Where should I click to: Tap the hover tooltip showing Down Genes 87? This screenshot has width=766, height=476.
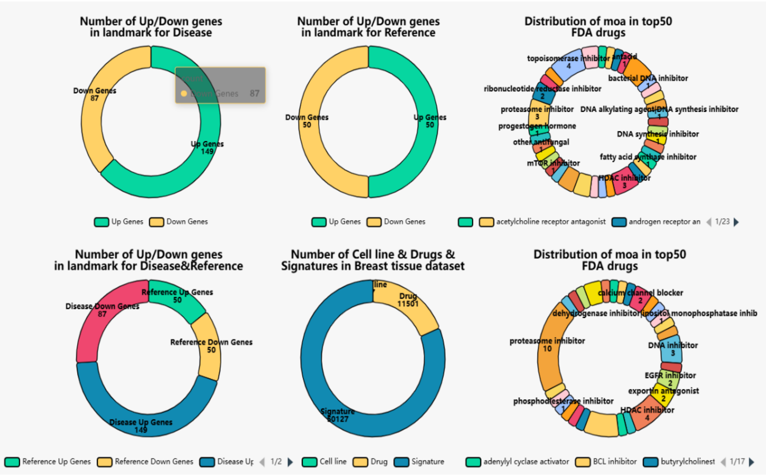click(x=220, y=85)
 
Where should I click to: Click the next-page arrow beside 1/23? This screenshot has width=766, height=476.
click(x=736, y=222)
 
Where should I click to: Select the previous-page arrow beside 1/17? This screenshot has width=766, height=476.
click(x=723, y=462)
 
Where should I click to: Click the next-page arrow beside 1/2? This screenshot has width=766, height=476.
click(x=290, y=462)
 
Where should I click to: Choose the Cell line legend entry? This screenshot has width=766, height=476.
click(x=324, y=462)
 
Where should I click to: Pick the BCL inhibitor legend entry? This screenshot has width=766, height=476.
click(x=606, y=462)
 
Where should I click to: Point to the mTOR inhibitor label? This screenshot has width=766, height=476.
click(x=553, y=163)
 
